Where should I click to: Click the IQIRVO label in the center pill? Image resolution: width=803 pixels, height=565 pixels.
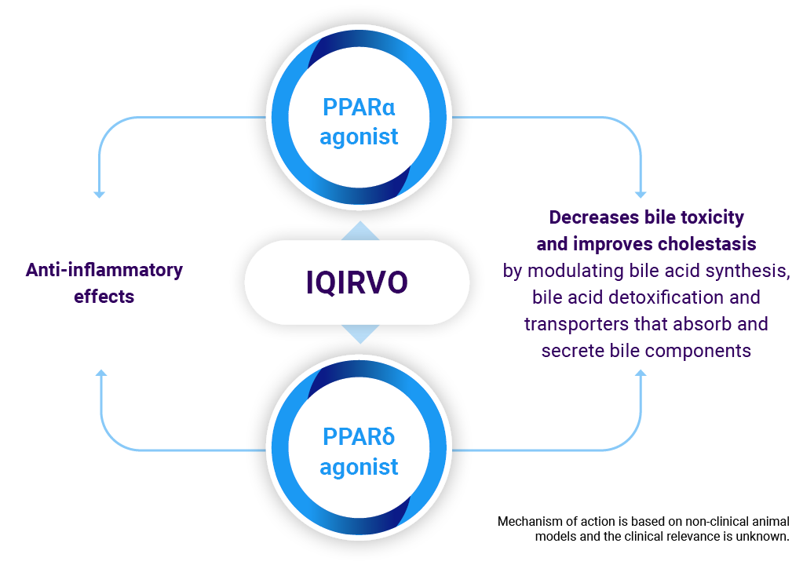point(357,282)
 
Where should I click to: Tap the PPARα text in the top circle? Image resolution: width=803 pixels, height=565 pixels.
point(359,108)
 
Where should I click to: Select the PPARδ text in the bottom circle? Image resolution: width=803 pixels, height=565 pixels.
point(359,436)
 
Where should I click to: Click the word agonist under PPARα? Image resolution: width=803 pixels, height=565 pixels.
point(359,137)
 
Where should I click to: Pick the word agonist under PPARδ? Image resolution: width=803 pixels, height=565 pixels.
point(359,467)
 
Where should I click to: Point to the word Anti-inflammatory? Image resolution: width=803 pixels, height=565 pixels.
point(104,270)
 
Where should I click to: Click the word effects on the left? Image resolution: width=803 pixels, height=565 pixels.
point(104,297)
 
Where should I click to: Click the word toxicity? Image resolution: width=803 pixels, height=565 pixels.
point(714,217)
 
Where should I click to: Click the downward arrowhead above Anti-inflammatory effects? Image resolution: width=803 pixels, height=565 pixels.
point(100,194)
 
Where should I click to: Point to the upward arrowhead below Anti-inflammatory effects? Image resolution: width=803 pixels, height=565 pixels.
point(101,373)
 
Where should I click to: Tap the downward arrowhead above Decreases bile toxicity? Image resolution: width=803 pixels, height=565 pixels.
point(641,194)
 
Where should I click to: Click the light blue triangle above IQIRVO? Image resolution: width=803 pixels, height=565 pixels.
point(360,231)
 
